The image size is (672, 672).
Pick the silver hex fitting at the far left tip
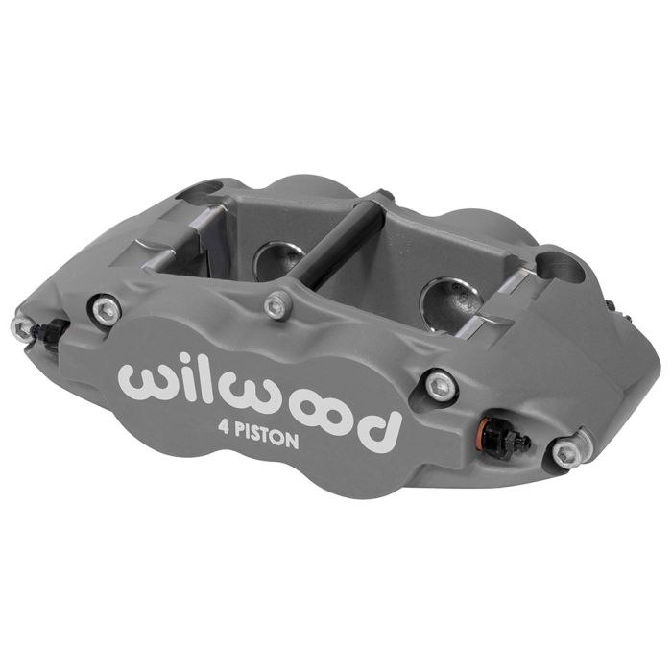coord(20,327)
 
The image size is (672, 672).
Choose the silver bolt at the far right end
coord(568,452)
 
